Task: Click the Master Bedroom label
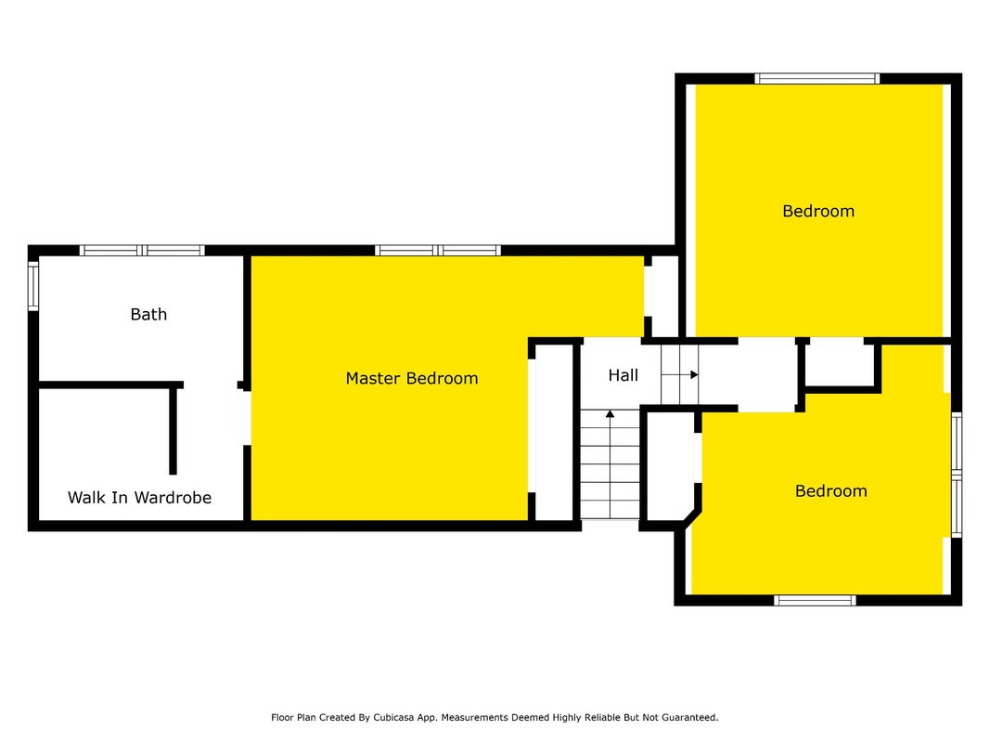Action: click(412, 378)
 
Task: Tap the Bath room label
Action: click(148, 314)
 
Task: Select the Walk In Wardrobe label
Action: click(139, 498)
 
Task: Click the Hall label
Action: click(624, 375)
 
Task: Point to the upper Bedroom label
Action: click(818, 211)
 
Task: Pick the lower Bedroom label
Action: click(831, 491)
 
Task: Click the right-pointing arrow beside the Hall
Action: click(680, 374)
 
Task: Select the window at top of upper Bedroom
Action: click(817, 78)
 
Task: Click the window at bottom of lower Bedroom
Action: click(816, 600)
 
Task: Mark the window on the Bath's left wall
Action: click(33, 286)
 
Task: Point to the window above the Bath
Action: click(142, 250)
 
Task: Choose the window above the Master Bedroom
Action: click(438, 250)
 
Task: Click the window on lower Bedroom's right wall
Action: click(957, 475)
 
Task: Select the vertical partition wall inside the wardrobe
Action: click(173, 430)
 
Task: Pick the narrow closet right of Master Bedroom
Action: click(554, 433)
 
